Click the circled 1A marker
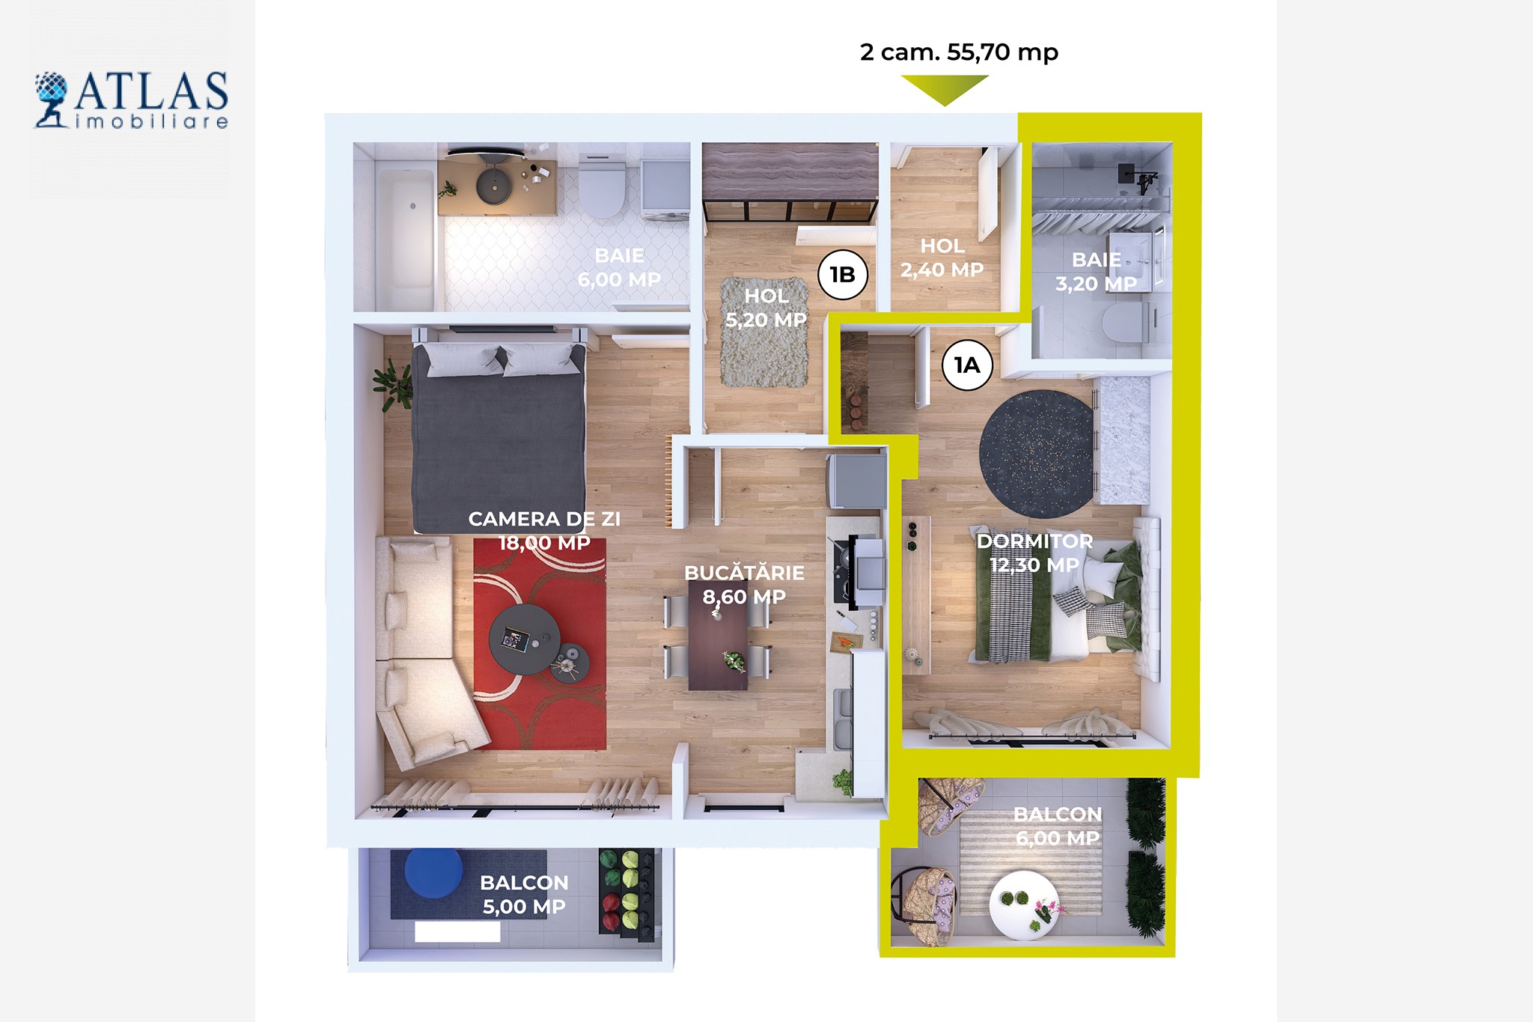click(967, 365)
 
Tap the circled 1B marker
click(843, 275)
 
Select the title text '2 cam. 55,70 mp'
click(959, 52)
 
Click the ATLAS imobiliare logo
click(131, 100)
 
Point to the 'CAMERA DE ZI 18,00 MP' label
click(544, 531)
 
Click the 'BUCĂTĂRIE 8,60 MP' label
click(744, 585)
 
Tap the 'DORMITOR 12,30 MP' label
click(1034, 553)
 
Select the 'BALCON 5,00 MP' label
click(524, 895)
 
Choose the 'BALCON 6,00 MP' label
click(1058, 826)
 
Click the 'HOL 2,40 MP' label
click(942, 258)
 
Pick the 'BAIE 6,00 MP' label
click(619, 267)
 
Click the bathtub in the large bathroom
click(405, 238)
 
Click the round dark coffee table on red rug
click(524, 639)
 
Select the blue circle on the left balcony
click(433, 872)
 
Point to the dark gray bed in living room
click(499, 437)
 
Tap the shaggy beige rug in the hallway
click(765, 332)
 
